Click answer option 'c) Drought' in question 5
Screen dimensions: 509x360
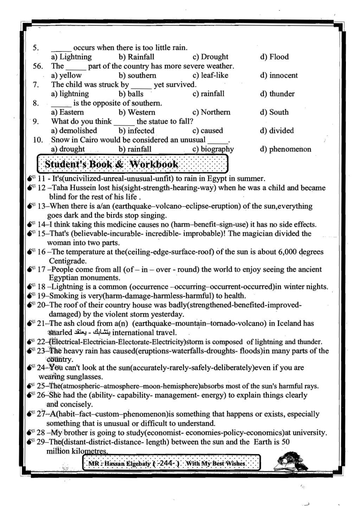[x=210, y=57]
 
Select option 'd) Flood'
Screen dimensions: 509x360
[x=274, y=57]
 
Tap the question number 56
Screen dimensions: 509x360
[x=38, y=66]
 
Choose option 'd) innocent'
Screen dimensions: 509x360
[x=279, y=75]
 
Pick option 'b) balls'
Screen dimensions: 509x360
[x=131, y=94]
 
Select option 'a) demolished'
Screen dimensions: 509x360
[x=74, y=131]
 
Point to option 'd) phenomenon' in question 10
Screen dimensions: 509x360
[x=285, y=149]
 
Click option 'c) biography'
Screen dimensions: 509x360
[x=213, y=149]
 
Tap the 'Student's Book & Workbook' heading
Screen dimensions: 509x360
[x=112, y=165]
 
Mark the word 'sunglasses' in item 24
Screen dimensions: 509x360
[x=85, y=377]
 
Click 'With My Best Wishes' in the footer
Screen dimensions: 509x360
[x=215, y=464]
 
